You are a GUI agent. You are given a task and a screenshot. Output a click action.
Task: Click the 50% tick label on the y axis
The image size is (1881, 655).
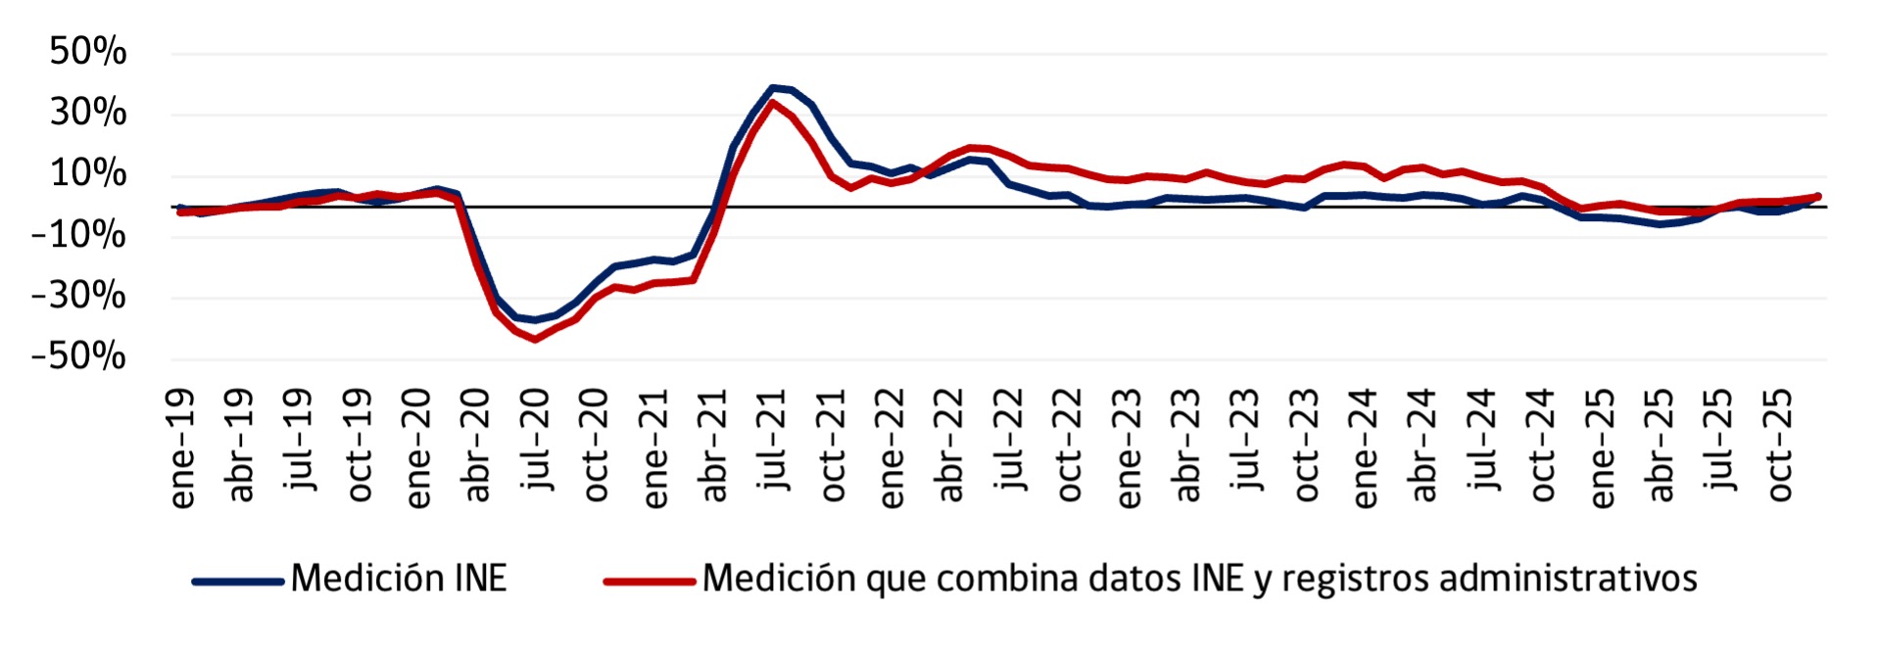click(x=88, y=51)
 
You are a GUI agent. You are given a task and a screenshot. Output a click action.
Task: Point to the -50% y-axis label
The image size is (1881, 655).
click(x=79, y=355)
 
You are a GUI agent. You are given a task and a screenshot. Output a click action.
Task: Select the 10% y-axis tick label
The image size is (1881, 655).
click(x=88, y=173)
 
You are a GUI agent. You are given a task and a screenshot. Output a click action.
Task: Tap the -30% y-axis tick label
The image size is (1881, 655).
click(x=79, y=295)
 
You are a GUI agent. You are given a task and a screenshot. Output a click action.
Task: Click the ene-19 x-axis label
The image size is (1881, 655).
click(x=182, y=448)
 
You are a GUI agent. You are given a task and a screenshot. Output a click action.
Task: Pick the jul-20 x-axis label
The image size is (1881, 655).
click(x=537, y=439)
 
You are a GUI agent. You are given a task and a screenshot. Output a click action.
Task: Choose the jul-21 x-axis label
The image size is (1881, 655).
click(x=774, y=439)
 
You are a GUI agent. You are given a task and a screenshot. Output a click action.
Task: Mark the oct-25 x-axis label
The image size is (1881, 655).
click(x=1779, y=445)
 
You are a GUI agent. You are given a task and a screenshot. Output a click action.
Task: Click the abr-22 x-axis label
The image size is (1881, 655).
click(x=950, y=445)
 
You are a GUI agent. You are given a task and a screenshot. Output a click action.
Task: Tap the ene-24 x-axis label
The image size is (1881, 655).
click(x=1365, y=448)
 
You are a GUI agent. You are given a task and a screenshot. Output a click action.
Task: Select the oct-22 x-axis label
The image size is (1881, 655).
click(x=1069, y=445)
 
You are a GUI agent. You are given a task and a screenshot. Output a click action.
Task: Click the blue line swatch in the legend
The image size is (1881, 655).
click(x=238, y=581)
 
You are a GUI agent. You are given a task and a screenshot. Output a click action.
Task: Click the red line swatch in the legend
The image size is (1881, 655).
click(x=650, y=581)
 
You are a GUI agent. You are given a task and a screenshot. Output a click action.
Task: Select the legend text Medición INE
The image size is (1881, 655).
click(x=399, y=579)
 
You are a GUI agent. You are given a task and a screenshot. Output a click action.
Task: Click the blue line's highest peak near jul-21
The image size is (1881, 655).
click(x=772, y=87)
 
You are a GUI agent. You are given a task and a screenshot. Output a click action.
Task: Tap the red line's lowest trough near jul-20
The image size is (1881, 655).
click(x=535, y=339)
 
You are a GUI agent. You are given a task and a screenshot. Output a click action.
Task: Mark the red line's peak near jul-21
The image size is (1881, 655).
click(x=772, y=102)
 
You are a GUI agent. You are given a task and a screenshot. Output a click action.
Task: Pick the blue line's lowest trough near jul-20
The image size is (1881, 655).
click(x=535, y=320)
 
